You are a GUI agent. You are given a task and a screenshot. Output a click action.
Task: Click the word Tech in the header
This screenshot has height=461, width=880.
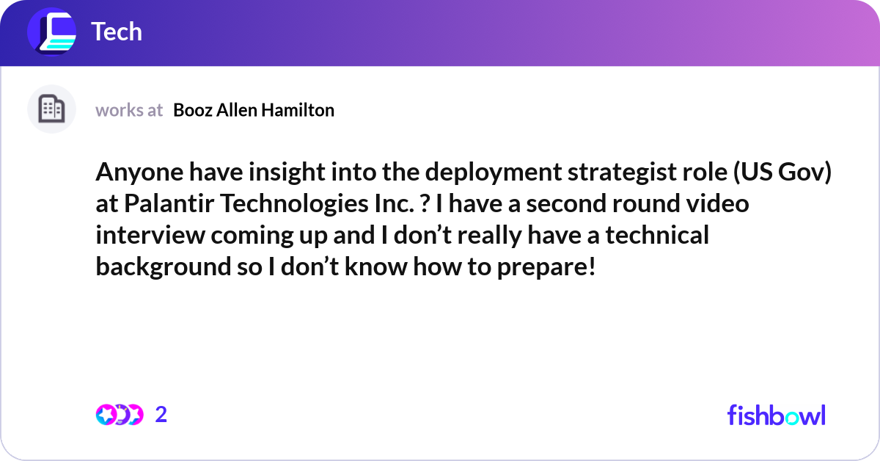tap(117, 32)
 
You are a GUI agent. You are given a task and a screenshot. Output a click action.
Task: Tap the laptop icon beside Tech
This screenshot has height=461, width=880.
tap(51, 32)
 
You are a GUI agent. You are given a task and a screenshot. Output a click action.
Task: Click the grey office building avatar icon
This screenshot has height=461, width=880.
tap(51, 109)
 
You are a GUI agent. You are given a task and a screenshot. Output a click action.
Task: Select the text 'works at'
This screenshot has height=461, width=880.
tap(129, 110)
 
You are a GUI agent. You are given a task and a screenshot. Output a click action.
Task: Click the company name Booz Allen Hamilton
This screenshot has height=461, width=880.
tap(254, 110)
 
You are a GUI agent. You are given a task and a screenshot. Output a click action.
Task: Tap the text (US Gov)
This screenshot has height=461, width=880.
tap(782, 173)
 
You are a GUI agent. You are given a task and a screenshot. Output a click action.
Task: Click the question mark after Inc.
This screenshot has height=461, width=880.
tap(425, 204)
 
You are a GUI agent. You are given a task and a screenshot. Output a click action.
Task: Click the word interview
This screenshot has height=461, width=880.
tap(150, 235)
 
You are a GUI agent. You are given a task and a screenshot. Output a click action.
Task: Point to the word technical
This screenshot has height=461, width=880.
tap(657, 235)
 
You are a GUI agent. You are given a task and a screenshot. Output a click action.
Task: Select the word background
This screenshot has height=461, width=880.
tap(164, 267)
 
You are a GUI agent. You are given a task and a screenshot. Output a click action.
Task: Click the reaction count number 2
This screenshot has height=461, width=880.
tap(161, 415)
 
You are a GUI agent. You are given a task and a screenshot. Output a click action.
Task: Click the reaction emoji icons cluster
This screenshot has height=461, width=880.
tap(120, 415)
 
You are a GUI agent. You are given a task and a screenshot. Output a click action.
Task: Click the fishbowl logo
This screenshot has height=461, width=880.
tap(777, 415)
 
